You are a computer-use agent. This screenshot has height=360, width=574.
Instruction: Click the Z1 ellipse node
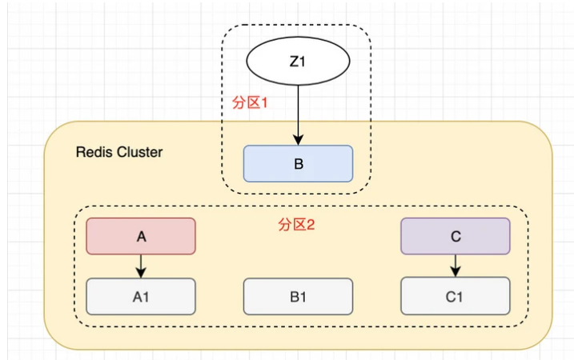click(x=297, y=61)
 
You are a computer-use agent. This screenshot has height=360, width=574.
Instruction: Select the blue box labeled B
click(x=298, y=163)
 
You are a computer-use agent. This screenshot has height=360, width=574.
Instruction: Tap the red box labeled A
click(x=141, y=236)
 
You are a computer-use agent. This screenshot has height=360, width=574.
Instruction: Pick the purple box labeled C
click(x=455, y=236)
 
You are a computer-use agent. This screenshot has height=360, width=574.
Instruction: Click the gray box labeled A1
click(x=141, y=296)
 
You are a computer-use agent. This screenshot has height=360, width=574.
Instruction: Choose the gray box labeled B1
click(x=298, y=296)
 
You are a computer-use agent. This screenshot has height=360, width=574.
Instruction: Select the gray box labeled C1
click(x=455, y=296)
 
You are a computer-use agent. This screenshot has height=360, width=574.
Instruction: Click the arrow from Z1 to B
click(x=298, y=112)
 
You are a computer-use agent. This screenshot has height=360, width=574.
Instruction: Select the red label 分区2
click(x=297, y=225)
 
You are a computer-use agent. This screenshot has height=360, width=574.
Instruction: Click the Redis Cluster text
click(x=118, y=152)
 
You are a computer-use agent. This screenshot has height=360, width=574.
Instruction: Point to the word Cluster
click(x=137, y=152)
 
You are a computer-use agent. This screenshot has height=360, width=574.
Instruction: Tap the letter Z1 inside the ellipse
click(x=297, y=61)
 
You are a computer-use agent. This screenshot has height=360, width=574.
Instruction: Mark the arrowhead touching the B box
click(x=298, y=140)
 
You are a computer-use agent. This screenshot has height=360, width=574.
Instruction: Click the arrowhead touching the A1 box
click(x=141, y=274)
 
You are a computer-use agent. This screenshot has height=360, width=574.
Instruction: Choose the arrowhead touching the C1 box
click(x=455, y=274)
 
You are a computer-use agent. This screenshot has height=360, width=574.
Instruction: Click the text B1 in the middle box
click(x=298, y=297)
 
